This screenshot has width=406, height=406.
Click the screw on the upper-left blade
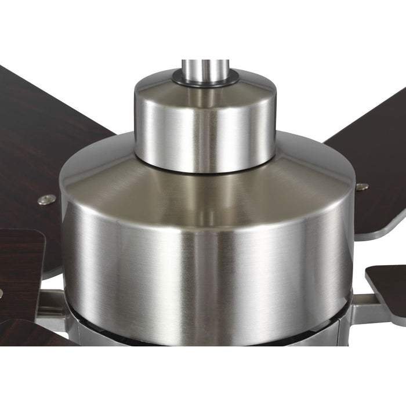click(47, 200)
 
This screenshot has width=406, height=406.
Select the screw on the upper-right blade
click(362, 187)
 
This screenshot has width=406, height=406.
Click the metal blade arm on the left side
click(52, 307)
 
